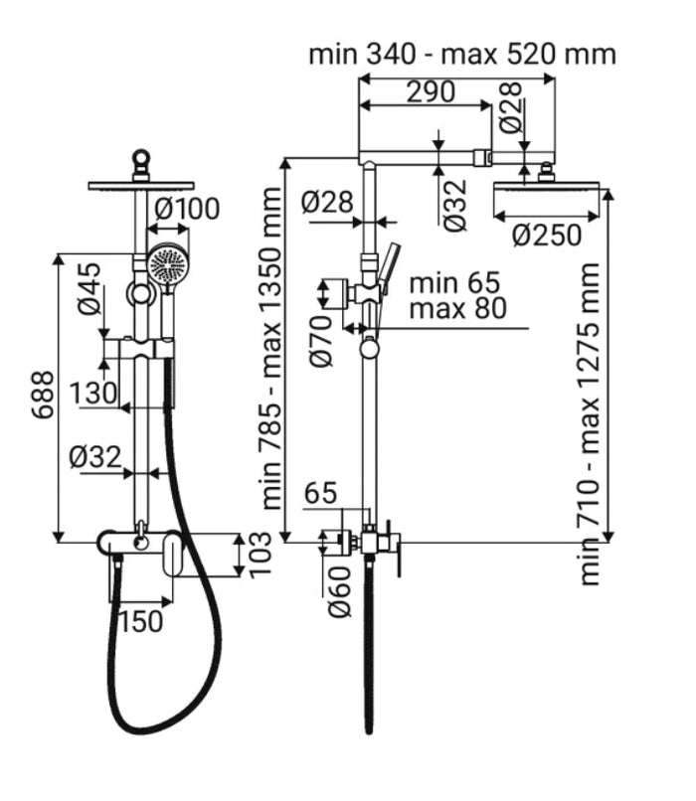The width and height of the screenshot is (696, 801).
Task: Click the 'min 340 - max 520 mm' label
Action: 461,53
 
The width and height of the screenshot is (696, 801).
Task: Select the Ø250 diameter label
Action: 547,236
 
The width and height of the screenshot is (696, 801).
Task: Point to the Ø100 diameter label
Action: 188,210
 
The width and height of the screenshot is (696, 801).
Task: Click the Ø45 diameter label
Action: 89,288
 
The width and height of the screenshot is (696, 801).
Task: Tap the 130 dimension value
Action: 94,394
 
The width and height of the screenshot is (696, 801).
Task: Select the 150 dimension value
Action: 141,621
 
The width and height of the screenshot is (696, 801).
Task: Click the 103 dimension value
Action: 261,557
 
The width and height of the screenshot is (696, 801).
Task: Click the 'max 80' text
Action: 456,308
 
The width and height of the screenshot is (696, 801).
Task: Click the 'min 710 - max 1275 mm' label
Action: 591,422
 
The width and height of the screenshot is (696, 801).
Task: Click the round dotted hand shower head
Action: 167,264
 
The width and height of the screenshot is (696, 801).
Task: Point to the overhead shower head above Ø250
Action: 547,192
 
